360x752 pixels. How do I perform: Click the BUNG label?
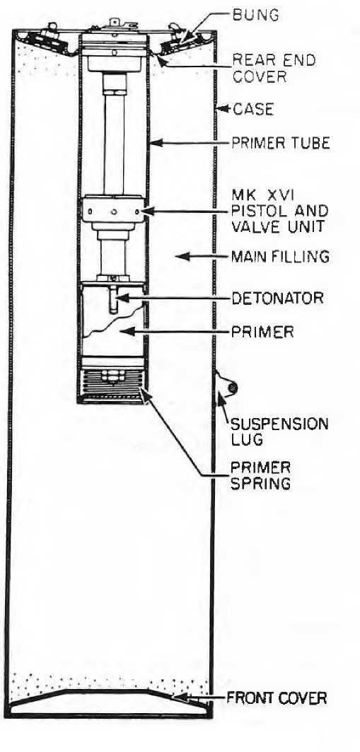255,15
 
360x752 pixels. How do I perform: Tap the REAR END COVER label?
274,68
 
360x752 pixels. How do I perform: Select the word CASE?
253,110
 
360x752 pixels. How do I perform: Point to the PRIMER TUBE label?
281,143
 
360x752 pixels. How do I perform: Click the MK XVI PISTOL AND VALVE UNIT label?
280,211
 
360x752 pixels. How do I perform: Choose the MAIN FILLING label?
281,257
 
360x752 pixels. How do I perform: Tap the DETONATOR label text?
278,298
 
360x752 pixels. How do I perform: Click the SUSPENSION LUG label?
280,432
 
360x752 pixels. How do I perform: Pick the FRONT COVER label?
277,698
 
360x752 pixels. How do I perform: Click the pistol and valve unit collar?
112,209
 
